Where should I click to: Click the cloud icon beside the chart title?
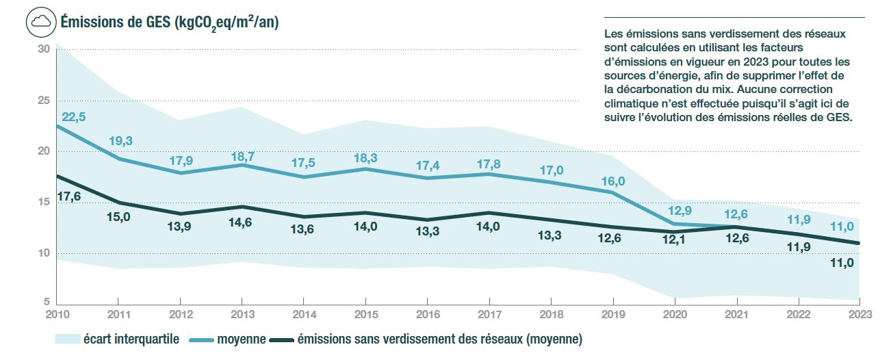click(x=40, y=22)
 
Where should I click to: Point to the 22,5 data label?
click(x=73, y=117)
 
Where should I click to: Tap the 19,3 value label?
click(x=120, y=142)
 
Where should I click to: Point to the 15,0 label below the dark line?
click(x=120, y=220)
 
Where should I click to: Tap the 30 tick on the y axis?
click(x=43, y=49)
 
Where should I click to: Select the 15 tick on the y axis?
click(x=43, y=203)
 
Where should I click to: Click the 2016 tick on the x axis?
click(x=427, y=315)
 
